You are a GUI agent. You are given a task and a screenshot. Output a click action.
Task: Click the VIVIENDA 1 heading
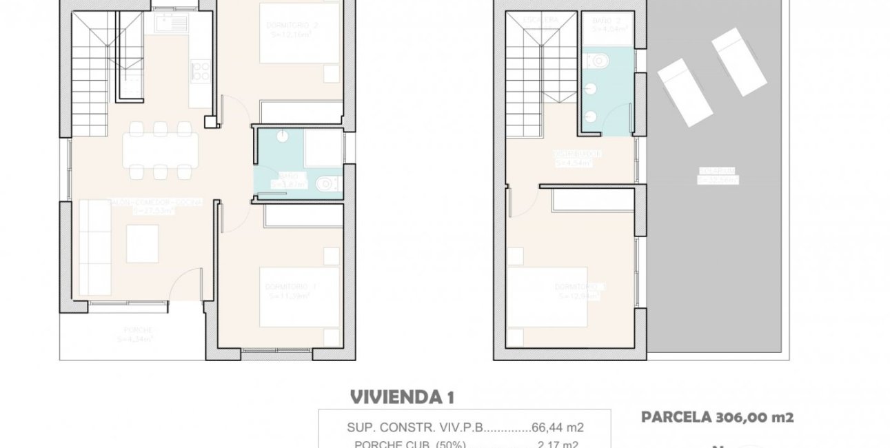(x=402, y=397)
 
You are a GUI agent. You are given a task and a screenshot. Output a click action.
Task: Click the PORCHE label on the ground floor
(x=135, y=330)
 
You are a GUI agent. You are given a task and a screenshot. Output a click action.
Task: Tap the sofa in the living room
(x=94, y=246)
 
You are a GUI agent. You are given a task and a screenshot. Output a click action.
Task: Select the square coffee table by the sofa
(x=142, y=244)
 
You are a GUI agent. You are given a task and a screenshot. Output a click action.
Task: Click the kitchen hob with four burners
(x=200, y=71)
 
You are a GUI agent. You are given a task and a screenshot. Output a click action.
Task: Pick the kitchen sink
(x=171, y=23)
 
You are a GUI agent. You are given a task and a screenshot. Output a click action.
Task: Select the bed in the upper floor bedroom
(x=548, y=296)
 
